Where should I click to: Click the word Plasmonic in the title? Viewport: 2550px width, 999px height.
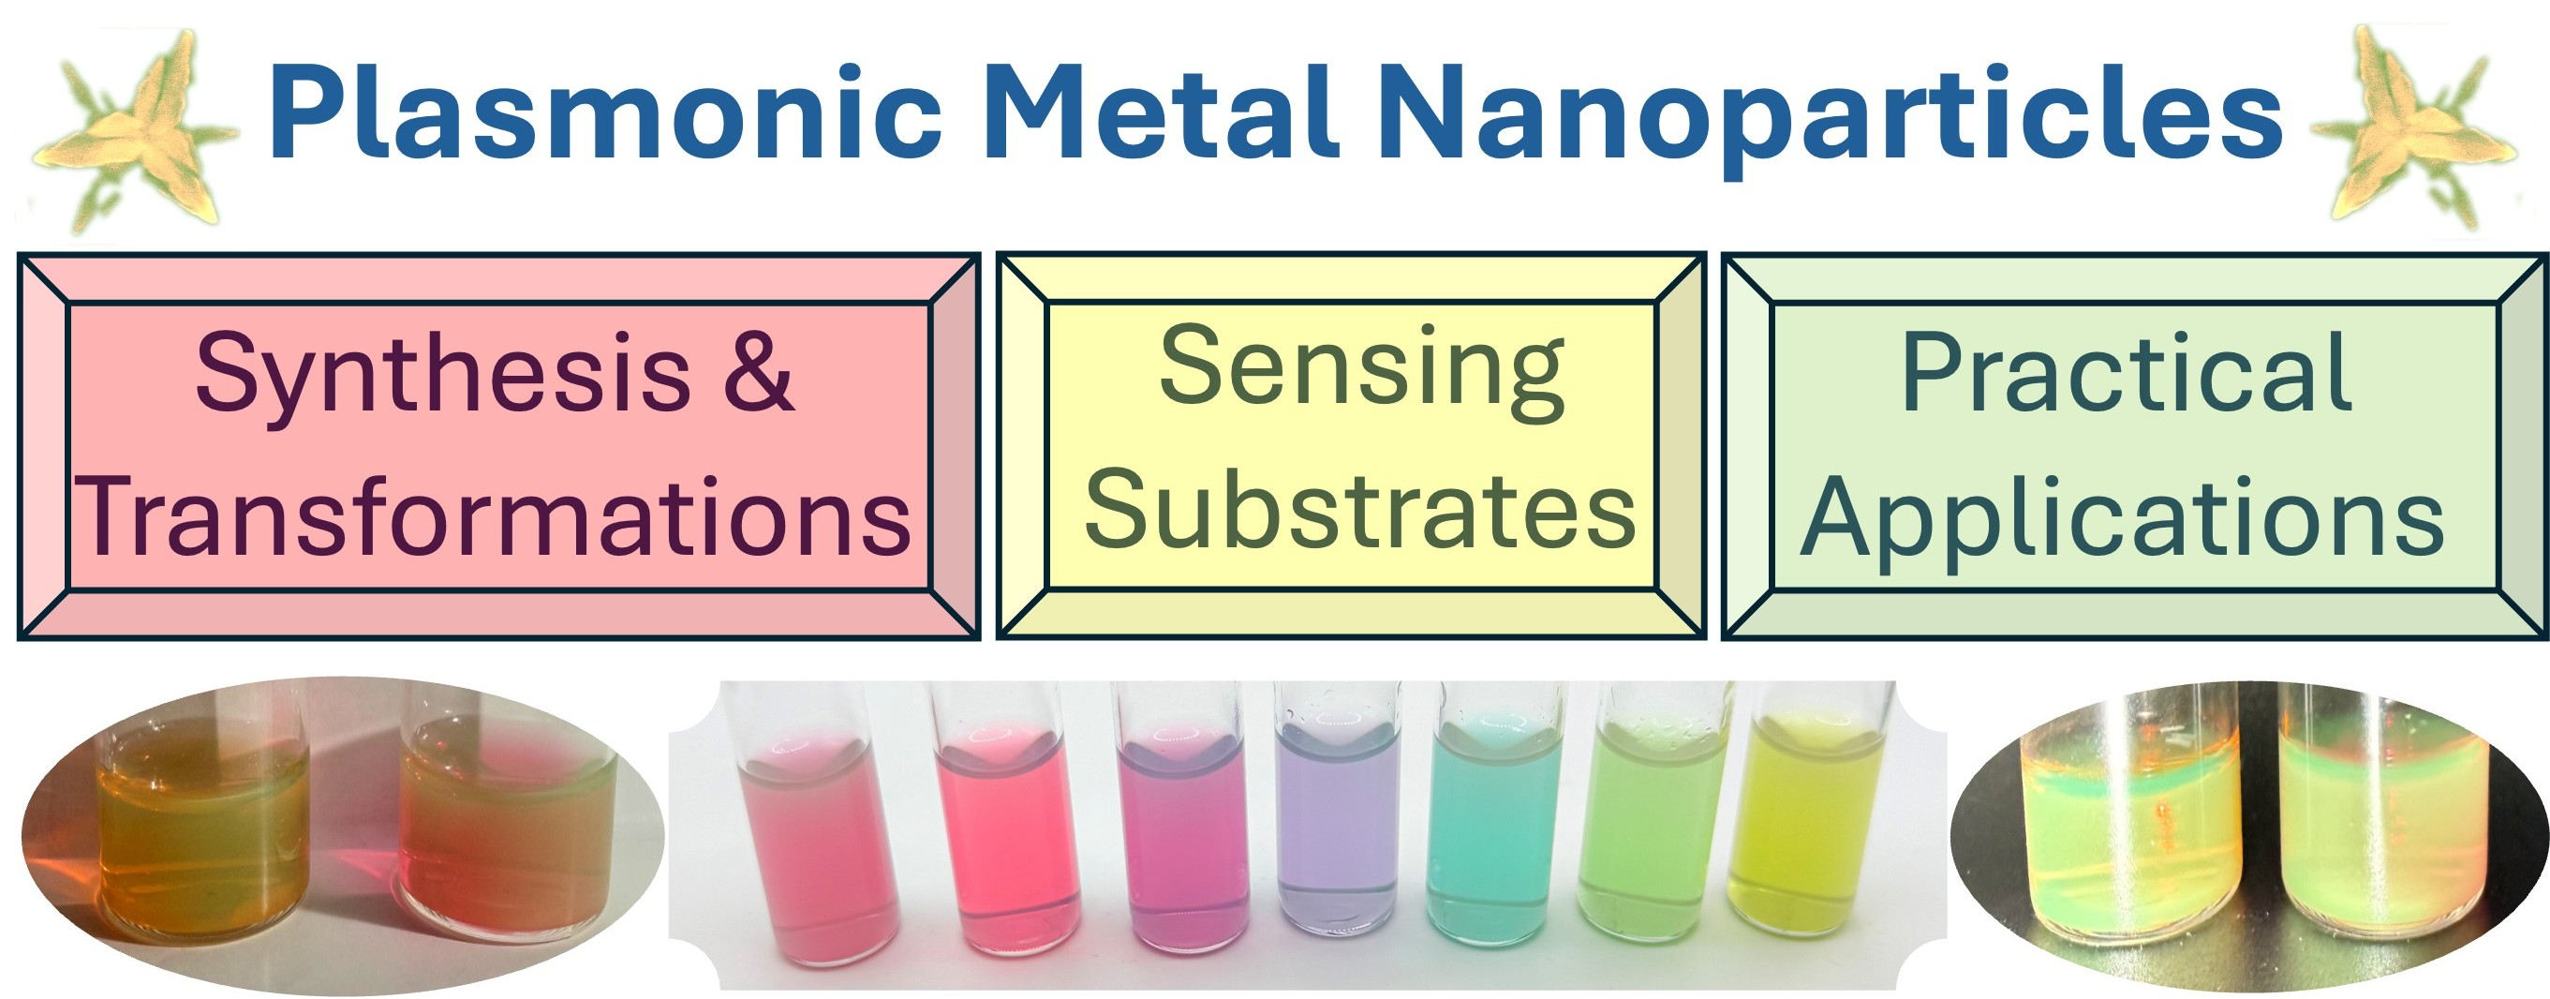point(604,113)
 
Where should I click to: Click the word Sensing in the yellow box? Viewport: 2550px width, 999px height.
point(1361,368)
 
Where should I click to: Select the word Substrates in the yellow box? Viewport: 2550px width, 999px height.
point(1360,511)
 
